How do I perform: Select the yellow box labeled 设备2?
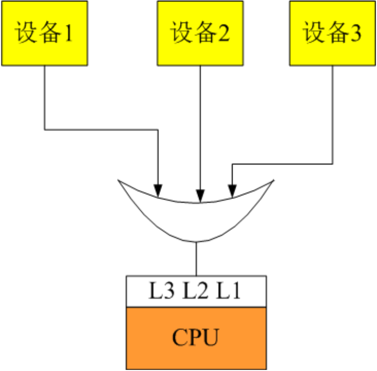[x=200, y=33]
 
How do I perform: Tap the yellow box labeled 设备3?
[x=333, y=33]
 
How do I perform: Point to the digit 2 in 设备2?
[x=223, y=33]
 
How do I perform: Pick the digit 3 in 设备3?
[x=356, y=33]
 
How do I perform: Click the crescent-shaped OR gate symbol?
[x=196, y=220]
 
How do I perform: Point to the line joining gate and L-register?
[x=196, y=259]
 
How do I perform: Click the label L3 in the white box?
[x=159, y=291]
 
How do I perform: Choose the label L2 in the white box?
[x=194, y=291]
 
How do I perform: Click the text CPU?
[x=195, y=338]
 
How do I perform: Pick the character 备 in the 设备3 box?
[x=334, y=33]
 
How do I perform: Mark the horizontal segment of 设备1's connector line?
[x=101, y=129]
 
